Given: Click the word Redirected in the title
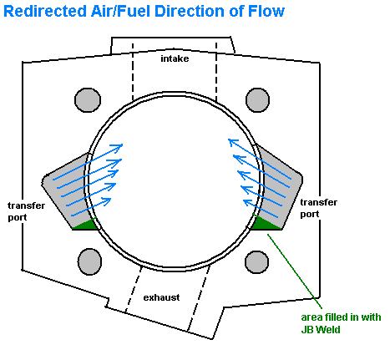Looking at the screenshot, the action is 45,12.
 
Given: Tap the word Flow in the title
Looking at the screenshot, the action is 266,12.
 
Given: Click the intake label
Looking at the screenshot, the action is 175,58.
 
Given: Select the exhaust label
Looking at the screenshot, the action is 161,297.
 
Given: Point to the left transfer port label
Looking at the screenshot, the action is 26,211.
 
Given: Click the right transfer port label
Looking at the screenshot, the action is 319,208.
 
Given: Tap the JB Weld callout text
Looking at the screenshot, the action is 341,323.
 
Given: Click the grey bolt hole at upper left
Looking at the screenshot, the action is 88,100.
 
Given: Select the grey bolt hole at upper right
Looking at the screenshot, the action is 257,100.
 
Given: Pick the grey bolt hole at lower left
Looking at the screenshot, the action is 89,261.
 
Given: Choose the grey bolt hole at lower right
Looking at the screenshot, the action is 256,262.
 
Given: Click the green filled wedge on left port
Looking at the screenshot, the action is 86,225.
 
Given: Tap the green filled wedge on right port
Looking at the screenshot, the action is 265,223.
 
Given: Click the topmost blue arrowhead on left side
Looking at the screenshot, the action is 118,146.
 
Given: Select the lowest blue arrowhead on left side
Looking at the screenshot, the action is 106,201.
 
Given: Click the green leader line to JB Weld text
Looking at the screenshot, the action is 295,271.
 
